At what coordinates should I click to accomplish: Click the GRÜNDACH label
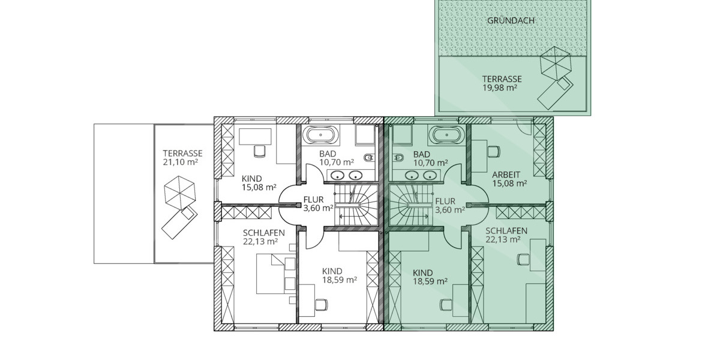[511, 20]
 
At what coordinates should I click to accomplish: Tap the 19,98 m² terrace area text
[500, 88]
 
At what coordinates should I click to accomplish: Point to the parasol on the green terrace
[556, 64]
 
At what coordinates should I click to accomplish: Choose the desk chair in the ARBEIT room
[494, 150]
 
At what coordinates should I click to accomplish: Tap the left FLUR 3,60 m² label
[317, 205]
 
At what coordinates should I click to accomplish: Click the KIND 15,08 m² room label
[259, 182]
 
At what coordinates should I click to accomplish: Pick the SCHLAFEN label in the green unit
[506, 232]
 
